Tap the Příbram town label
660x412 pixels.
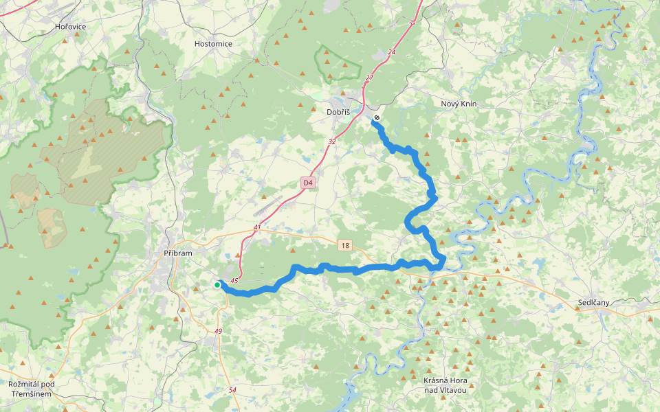(x=178, y=253)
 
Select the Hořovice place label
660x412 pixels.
(x=70, y=26)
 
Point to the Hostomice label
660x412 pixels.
(x=213, y=43)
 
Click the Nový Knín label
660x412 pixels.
(x=459, y=104)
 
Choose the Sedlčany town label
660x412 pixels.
(x=593, y=302)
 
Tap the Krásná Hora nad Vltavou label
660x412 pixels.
(x=445, y=385)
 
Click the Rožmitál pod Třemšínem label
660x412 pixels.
(x=31, y=389)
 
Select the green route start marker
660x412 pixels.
(x=217, y=285)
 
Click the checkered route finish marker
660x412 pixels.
(x=377, y=118)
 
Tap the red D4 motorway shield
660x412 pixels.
(x=307, y=183)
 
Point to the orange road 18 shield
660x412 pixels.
(x=344, y=244)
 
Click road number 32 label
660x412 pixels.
(x=332, y=142)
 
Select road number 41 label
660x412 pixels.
(x=257, y=227)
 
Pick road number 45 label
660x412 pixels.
(x=234, y=280)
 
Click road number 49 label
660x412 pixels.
(x=219, y=332)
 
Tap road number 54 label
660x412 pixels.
(x=232, y=390)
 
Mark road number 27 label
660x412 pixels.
(x=368, y=78)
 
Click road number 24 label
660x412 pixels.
(x=392, y=52)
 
